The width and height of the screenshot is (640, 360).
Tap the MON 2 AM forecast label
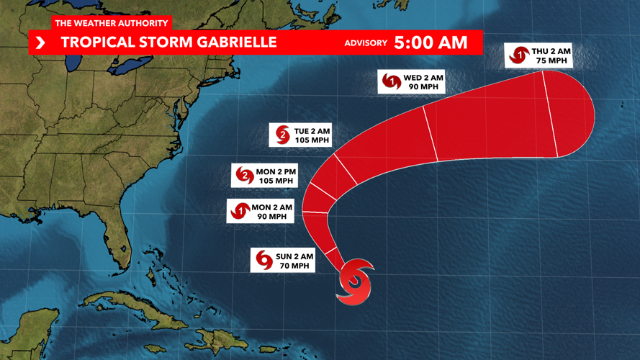coord(260,212)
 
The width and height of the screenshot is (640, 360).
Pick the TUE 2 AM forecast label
coord(301,135)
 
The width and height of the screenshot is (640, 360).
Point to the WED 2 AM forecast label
coord(411,82)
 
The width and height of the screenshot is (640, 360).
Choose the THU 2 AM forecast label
coord(538,56)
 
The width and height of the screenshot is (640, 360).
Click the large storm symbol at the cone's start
coord(355,283)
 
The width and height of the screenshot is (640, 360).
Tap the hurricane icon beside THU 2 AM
coord(518,55)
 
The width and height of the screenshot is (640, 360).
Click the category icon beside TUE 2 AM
coord(282,135)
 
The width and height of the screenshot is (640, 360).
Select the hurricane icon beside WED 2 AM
coord(392,81)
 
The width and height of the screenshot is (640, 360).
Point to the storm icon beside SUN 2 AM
coord(263,261)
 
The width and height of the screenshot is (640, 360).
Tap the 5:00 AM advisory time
coord(431,42)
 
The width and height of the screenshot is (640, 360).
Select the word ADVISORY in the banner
coord(366,43)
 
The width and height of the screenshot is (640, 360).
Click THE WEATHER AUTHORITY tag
coord(112,24)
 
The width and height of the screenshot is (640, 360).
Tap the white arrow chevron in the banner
coord(40,43)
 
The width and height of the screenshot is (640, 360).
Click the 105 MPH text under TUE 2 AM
coord(312,140)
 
